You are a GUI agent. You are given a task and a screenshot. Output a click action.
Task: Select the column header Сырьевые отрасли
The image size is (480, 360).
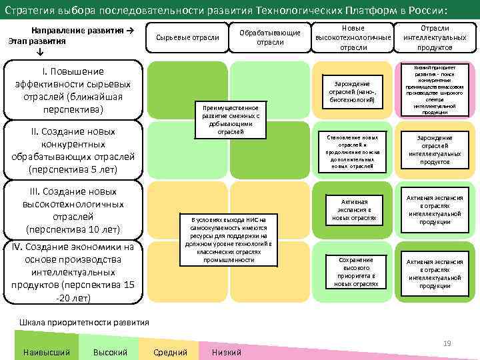click(x=187, y=37)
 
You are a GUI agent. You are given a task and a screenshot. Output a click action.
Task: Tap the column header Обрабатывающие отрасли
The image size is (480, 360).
click(x=270, y=37)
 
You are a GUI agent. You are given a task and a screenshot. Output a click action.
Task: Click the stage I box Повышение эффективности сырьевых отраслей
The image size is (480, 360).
click(x=73, y=90)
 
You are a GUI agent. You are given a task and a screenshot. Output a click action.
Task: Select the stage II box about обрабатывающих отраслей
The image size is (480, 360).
click(x=73, y=150)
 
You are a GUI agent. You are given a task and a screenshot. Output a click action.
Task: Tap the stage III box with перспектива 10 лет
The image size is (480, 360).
click(x=73, y=210)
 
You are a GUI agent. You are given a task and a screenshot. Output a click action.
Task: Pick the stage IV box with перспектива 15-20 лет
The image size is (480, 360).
click(x=73, y=272)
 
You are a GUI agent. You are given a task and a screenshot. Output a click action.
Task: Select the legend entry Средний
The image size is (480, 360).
click(x=170, y=352)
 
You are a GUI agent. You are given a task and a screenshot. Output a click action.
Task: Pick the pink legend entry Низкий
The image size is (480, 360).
click(x=226, y=352)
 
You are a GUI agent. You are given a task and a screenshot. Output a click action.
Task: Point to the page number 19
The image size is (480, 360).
click(x=447, y=343)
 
